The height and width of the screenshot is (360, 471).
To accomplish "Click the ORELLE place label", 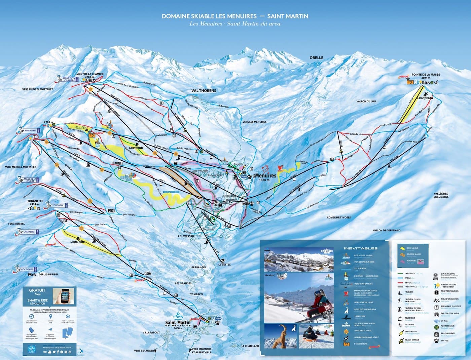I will pos(316,57).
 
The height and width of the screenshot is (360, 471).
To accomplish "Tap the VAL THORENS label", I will pos(204,90).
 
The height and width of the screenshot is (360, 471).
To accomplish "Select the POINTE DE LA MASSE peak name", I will pos(426,75).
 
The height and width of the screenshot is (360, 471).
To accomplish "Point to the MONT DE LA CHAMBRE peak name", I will pos(90,74).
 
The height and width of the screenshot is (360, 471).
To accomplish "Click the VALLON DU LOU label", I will pos(366,101).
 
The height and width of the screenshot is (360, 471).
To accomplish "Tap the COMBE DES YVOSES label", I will pos(338,217).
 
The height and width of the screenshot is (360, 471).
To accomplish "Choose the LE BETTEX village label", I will pos(224,265).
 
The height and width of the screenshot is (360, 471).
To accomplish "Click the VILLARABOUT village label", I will pos(151,332).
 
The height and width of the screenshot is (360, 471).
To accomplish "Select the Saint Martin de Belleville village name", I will pos(178,323).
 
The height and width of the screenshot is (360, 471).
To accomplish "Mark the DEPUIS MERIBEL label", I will pos(48,274).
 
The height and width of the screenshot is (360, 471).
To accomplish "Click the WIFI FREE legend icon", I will pos(436,340).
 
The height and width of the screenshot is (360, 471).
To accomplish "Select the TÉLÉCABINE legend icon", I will pos(399,318).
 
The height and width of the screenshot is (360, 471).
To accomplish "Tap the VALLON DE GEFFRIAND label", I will pos(387,230).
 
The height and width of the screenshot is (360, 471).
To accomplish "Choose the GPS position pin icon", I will pos(50,317).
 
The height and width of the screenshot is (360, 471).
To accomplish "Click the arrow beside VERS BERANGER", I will pos(155,351).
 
